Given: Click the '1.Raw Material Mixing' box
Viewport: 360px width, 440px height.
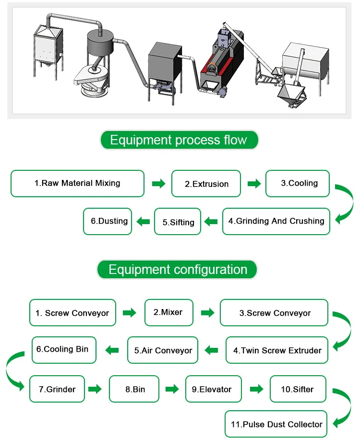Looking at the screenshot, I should [x=77, y=183].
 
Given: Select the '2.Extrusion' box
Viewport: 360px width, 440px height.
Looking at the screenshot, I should [x=206, y=184].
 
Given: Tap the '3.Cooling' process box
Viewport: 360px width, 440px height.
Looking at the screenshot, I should [x=298, y=183].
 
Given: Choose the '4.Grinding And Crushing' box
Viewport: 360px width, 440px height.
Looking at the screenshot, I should [x=276, y=221].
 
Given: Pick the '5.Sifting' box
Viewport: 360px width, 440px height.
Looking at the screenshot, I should [x=178, y=222].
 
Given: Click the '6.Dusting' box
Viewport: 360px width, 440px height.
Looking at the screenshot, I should [x=108, y=221].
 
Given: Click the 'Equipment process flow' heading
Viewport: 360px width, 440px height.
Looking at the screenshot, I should [x=179, y=140].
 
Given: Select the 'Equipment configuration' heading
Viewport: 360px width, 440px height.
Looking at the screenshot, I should [x=177, y=269].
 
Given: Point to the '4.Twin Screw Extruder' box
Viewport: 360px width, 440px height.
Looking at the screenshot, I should [x=277, y=350].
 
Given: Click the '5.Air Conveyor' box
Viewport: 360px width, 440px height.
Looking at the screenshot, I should [x=163, y=350].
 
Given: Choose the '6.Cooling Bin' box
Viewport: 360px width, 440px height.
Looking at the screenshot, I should [x=63, y=349].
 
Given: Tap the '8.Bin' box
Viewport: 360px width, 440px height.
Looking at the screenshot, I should [x=134, y=389].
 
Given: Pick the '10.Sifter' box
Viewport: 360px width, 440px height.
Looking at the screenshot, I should [x=298, y=389].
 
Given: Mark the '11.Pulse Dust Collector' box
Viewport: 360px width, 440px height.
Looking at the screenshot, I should [x=276, y=424].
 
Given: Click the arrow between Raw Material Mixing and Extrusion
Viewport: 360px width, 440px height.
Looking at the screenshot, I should [x=158, y=184].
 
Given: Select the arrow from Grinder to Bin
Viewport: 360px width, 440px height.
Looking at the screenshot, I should [x=95, y=389].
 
